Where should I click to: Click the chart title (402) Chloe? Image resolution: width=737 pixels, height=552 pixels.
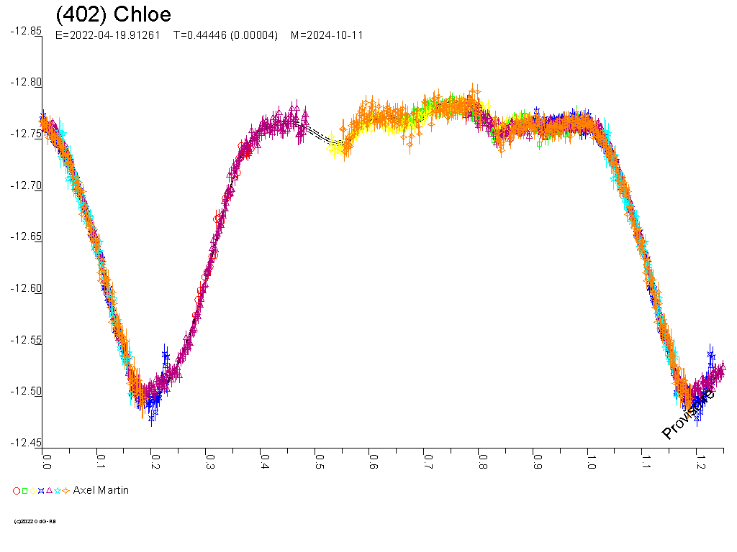pos(114,14)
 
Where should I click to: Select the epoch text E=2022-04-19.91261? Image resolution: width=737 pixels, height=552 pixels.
pos(107,34)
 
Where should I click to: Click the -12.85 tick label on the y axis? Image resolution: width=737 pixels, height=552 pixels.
pos(25,31)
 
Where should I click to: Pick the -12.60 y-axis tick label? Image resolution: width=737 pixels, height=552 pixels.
pos(25,288)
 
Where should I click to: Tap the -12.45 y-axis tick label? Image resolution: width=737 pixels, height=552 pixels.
pos(25,443)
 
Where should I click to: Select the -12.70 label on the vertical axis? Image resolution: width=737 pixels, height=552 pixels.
pos(25,185)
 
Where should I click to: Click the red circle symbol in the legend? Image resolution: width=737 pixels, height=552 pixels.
pos(17,491)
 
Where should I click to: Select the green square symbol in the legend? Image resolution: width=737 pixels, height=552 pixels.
pos(24,491)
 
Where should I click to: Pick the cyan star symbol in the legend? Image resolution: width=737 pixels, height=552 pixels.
pos(57,491)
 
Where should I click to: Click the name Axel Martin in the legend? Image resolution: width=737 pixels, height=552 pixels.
pos(101,490)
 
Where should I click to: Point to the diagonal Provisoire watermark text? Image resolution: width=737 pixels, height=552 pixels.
pos(688,415)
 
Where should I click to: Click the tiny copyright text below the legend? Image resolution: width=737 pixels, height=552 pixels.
pos(35,521)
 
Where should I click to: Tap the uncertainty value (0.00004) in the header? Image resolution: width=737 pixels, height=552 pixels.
pos(254,34)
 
